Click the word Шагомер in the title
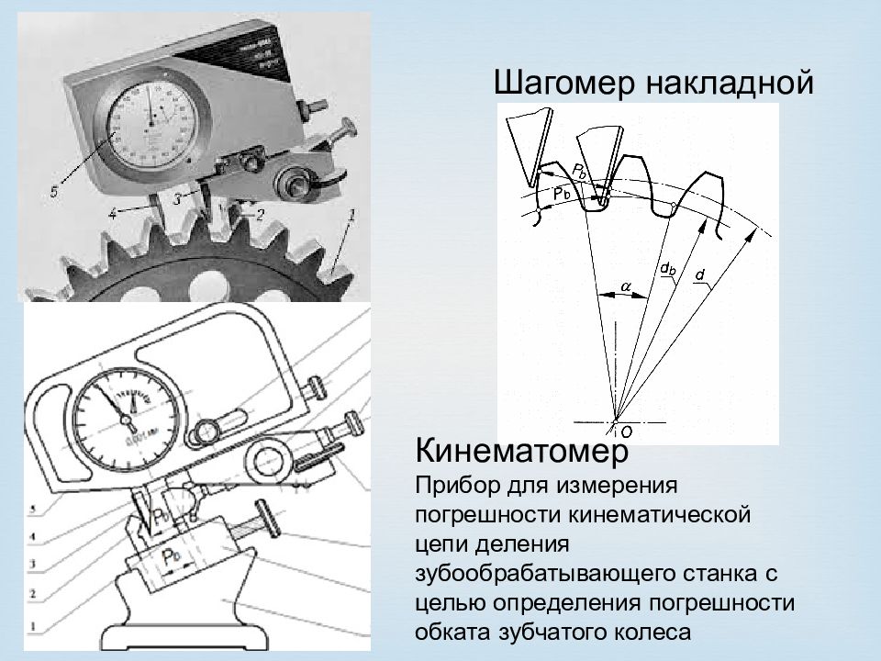(x=566, y=84)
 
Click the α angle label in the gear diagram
(x=625, y=287)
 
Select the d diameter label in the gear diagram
(x=700, y=274)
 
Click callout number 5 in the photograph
(x=54, y=192)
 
